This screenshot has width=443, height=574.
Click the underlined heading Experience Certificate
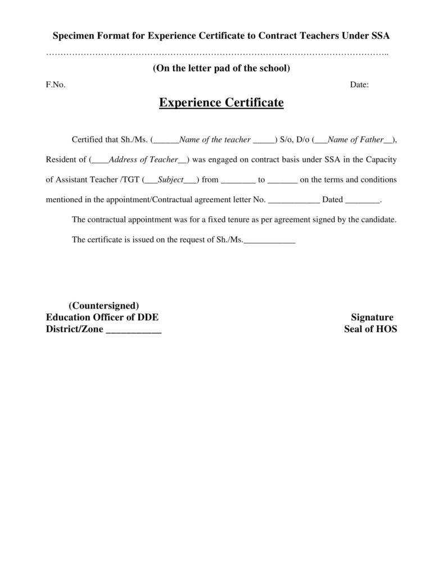[221, 103]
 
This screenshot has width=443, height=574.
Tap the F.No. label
[56, 84]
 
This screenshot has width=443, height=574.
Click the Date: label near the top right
[359, 84]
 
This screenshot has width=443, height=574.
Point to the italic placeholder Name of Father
[355, 140]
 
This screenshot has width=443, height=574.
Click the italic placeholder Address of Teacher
[143, 160]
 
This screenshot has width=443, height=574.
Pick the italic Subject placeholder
[170, 180]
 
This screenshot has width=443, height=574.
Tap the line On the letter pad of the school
[221, 69]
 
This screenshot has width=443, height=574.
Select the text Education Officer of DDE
[106, 317]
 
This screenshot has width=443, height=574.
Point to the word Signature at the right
[372, 317]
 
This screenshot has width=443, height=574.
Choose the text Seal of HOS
[370, 329]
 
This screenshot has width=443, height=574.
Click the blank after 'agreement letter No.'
[294, 200]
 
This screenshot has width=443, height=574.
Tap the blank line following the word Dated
[362, 200]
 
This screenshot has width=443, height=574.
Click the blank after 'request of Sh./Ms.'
[270, 240]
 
